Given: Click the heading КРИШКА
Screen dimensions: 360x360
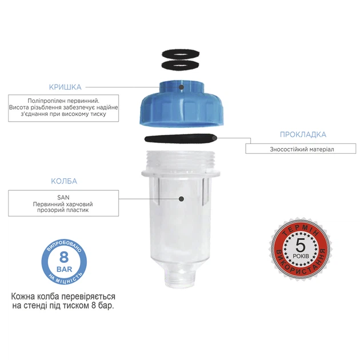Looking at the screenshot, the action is pyautogui.click(x=65, y=87).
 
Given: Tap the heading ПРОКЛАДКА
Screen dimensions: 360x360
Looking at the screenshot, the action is pyautogui.click(x=303, y=134).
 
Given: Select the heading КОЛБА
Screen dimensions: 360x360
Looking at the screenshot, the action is pyautogui.click(x=64, y=181).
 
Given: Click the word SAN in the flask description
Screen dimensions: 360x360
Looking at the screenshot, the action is pyautogui.click(x=63, y=197).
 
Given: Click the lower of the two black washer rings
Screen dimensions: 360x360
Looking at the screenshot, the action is pyautogui.click(x=181, y=65).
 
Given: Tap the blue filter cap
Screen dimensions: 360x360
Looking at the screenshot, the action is pyautogui.click(x=181, y=103).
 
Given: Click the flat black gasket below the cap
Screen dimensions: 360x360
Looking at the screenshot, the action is pyautogui.click(x=181, y=138).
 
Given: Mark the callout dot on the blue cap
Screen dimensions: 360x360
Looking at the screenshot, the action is pyautogui.click(x=181, y=87).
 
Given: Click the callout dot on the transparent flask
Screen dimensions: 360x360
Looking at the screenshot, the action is pyautogui.click(x=181, y=199).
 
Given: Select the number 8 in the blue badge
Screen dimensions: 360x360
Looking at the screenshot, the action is pyautogui.click(x=64, y=257).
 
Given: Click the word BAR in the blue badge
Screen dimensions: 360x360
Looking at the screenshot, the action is pyautogui.click(x=64, y=269).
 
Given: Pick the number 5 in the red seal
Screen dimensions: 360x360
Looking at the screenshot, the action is pyautogui.click(x=301, y=245).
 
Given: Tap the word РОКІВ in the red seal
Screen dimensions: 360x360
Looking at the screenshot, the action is pyautogui.click(x=301, y=256).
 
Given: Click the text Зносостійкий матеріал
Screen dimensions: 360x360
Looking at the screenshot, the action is pyautogui.click(x=302, y=150).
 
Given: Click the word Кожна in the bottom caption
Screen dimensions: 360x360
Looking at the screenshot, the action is pyautogui.click(x=23, y=297).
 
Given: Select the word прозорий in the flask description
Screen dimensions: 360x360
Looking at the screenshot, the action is pyautogui.click(x=49, y=210).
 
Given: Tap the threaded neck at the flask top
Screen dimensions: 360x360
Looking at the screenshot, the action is pyautogui.click(x=181, y=161).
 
